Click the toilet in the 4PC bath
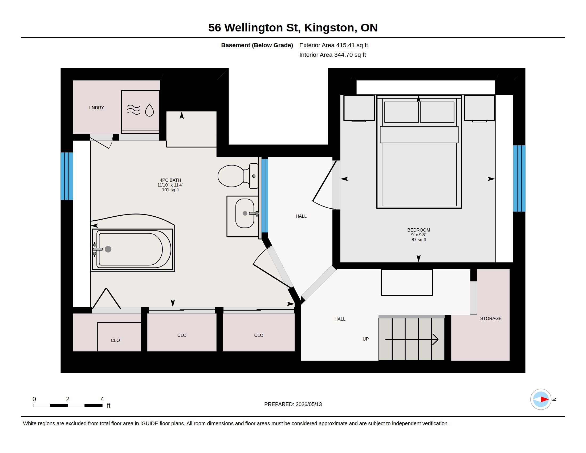tap(238, 176)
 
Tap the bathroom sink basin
tap(245, 213)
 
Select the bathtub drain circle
tap(108, 249)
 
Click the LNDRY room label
tap(97, 108)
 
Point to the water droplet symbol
tap(149, 110)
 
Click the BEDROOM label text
tap(418, 230)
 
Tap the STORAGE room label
tap(491, 318)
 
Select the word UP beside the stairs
tap(365, 339)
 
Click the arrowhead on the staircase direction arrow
tap(436, 339)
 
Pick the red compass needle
tap(544, 399)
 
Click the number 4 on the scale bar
tap(102, 399)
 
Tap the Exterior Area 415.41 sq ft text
tap(333, 45)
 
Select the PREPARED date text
tap(293, 404)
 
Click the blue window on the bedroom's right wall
tap(519, 179)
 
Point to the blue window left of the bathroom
tap(67, 176)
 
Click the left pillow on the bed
tap(401, 112)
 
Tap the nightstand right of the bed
tap(480, 108)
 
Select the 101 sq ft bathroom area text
tap(170, 190)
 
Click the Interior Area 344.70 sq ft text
tap(333, 55)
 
